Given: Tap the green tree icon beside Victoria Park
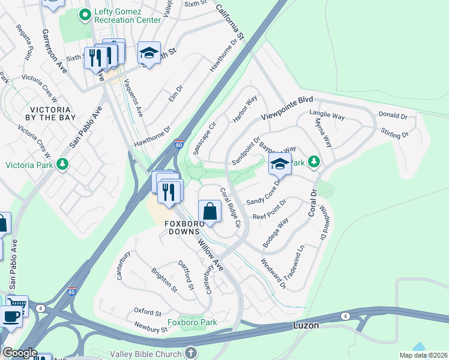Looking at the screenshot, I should (62, 164).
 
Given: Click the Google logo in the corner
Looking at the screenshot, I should (20, 353).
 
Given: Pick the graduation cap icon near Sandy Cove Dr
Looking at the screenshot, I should (280, 163).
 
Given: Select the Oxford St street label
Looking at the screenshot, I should (148, 313).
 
